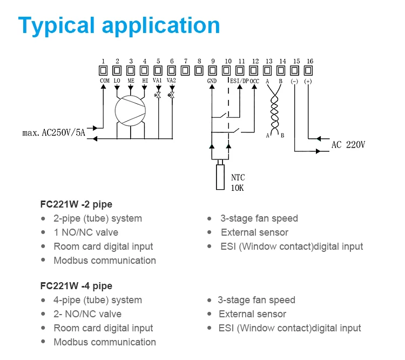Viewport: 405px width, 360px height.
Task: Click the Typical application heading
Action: click(x=119, y=25)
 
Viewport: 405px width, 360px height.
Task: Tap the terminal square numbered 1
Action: click(x=103, y=70)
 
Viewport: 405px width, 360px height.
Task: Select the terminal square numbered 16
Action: click(x=309, y=70)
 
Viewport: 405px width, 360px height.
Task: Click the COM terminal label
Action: click(x=105, y=81)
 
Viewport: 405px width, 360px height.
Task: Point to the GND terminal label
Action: click(x=212, y=81)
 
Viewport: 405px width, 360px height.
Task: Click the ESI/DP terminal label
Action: click(x=239, y=81)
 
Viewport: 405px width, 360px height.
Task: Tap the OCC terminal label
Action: click(x=255, y=81)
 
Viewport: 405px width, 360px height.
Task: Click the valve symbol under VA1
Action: click(x=158, y=95)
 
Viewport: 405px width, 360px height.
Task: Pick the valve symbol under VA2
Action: click(x=171, y=95)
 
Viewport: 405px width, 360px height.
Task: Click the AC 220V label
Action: click(x=348, y=145)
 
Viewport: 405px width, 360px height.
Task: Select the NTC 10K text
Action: click(x=238, y=182)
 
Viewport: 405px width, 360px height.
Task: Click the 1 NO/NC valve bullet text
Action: click(x=85, y=232)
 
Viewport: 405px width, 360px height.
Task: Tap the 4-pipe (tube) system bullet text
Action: click(x=97, y=300)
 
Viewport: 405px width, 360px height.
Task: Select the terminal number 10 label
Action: click(x=228, y=61)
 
